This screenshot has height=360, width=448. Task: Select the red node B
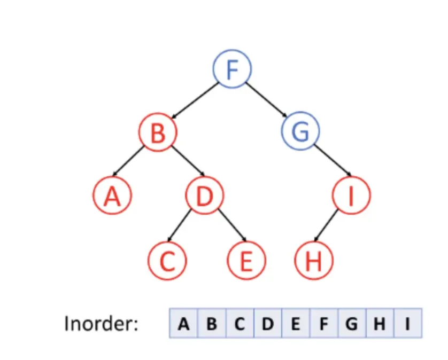point(157,132)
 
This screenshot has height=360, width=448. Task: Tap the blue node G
point(300,131)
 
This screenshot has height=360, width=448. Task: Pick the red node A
point(112,196)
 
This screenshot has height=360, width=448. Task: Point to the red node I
point(351,196)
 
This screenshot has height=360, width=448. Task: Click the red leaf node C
point(167,261)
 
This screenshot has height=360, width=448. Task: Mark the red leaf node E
point(246,261)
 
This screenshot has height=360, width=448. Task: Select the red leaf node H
point(314,261)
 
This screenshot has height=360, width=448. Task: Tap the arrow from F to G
point(267,99)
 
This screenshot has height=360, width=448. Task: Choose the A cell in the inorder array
point(184,323)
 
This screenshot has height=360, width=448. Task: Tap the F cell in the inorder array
point(323,323)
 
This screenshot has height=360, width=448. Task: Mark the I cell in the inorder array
point(407,323)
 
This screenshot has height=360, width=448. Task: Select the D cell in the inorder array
point(267,323)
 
